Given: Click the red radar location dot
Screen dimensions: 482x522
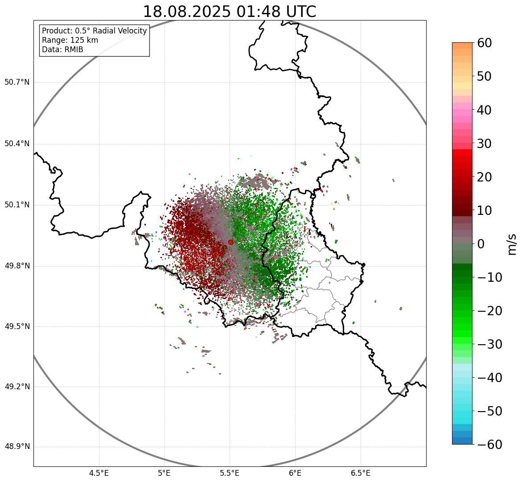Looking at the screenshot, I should [230, 242].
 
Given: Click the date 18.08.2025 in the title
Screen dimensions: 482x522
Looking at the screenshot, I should [187, 12].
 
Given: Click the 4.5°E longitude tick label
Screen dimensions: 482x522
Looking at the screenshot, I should [99, 473].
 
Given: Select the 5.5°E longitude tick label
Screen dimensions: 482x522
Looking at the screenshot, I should [230, 473].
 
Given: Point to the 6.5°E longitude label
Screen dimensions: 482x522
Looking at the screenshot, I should [360, 473].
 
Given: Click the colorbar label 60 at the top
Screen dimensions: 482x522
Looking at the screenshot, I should [484, 43].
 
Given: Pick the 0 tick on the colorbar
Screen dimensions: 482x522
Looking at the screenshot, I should [481, 244].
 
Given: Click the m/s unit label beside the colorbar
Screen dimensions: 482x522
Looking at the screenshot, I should [512, 244].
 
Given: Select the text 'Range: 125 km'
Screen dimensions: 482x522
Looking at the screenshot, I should [70, 40].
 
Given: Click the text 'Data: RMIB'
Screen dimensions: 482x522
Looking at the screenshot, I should [62, 49].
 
